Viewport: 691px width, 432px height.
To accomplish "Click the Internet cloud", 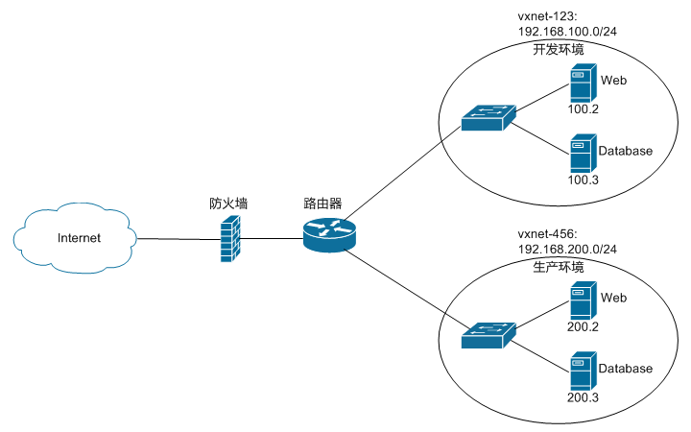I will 76,237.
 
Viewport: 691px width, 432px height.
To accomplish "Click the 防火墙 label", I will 228,204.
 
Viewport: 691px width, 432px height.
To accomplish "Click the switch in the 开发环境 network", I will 487,118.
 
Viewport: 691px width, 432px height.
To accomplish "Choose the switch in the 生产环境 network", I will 487,335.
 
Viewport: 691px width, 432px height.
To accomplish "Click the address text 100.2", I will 583,109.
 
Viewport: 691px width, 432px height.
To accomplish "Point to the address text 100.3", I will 583,180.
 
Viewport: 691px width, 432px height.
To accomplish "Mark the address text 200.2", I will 583,326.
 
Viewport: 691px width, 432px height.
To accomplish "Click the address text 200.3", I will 583,396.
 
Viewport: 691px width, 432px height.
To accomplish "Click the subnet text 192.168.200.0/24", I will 567,249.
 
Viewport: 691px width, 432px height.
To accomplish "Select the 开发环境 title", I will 559,48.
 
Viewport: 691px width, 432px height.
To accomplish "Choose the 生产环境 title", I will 559,265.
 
